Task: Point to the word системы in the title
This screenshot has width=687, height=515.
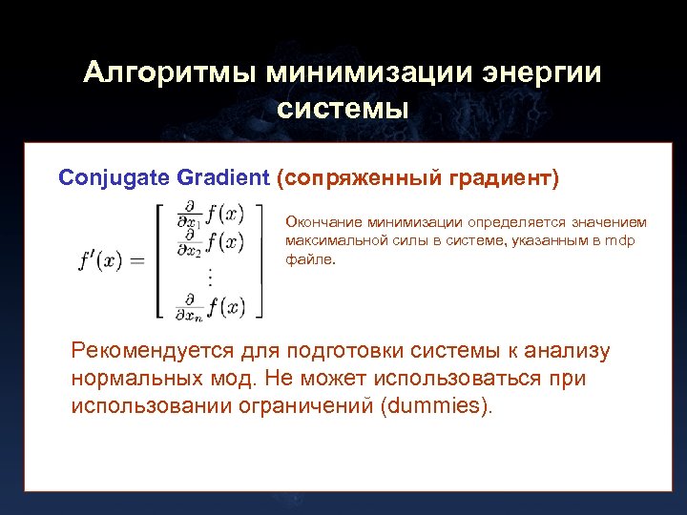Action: (343, 109)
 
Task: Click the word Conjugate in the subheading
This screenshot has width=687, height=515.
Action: (112, 177)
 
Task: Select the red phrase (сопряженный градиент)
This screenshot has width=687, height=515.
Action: (417, 177)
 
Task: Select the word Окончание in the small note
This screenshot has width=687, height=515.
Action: (319, 222)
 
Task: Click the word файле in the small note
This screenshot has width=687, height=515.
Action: (308, 258)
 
